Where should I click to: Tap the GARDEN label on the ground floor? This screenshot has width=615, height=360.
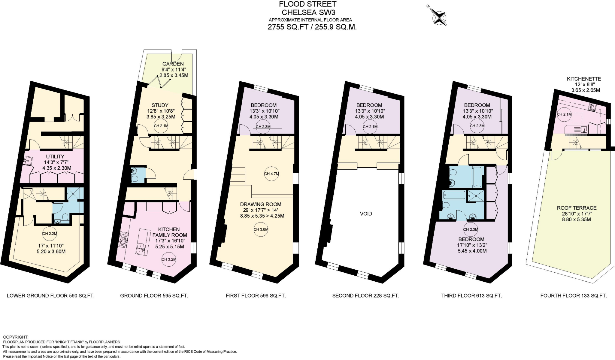[x=173, y=64]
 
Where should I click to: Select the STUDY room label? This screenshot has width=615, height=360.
[x=160, y=105]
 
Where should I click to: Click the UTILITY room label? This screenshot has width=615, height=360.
[x=55, y=156]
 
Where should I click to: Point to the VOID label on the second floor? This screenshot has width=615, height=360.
[x=366, y=213]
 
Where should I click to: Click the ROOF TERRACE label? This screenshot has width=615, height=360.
[x=577, y=208]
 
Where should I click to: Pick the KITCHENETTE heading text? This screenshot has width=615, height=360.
[x=584, y=79]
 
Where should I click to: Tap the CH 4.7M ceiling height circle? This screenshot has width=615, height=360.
[x=271, y=174]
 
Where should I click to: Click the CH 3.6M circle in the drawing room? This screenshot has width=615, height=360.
[x=261, y=229]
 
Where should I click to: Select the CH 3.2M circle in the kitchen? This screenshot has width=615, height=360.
[x=169, y=259]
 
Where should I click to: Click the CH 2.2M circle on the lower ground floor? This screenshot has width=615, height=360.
[x=50, y=234]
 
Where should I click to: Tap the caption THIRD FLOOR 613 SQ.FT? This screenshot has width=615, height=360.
[x=471, y=295]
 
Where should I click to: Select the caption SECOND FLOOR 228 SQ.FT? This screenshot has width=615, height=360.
[x=365, y=295]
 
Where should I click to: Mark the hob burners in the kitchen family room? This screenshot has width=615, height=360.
[x=123, y=238]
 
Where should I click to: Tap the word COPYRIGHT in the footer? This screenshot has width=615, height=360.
[x=16, y=337]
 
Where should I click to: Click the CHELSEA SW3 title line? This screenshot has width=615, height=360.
[x=308, y=13]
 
